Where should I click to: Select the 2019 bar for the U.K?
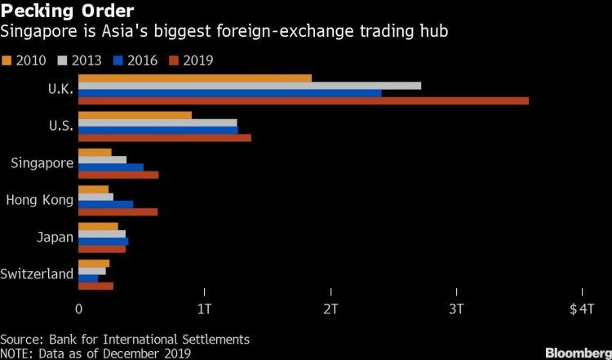tap(303, 101)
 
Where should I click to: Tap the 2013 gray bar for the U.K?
tap(249, 85)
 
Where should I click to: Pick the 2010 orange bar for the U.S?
tap(135, 115)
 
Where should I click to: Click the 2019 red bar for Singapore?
tap(118, 175)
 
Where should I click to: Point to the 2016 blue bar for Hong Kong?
tap(105, 204)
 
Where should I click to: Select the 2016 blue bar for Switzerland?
tap(87, 278)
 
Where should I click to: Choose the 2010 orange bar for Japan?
tap(97, 226)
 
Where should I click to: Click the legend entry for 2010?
tap(24, 60)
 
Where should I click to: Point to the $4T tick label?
tap(582, 309)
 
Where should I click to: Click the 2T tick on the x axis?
tap(330, 309)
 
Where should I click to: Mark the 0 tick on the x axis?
tap(78, 309)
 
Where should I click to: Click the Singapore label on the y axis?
tap(42, 163)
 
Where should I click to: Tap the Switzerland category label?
tap(37, 274)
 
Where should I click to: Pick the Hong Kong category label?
tap(40, 200)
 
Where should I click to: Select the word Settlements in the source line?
tap(215, 338)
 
